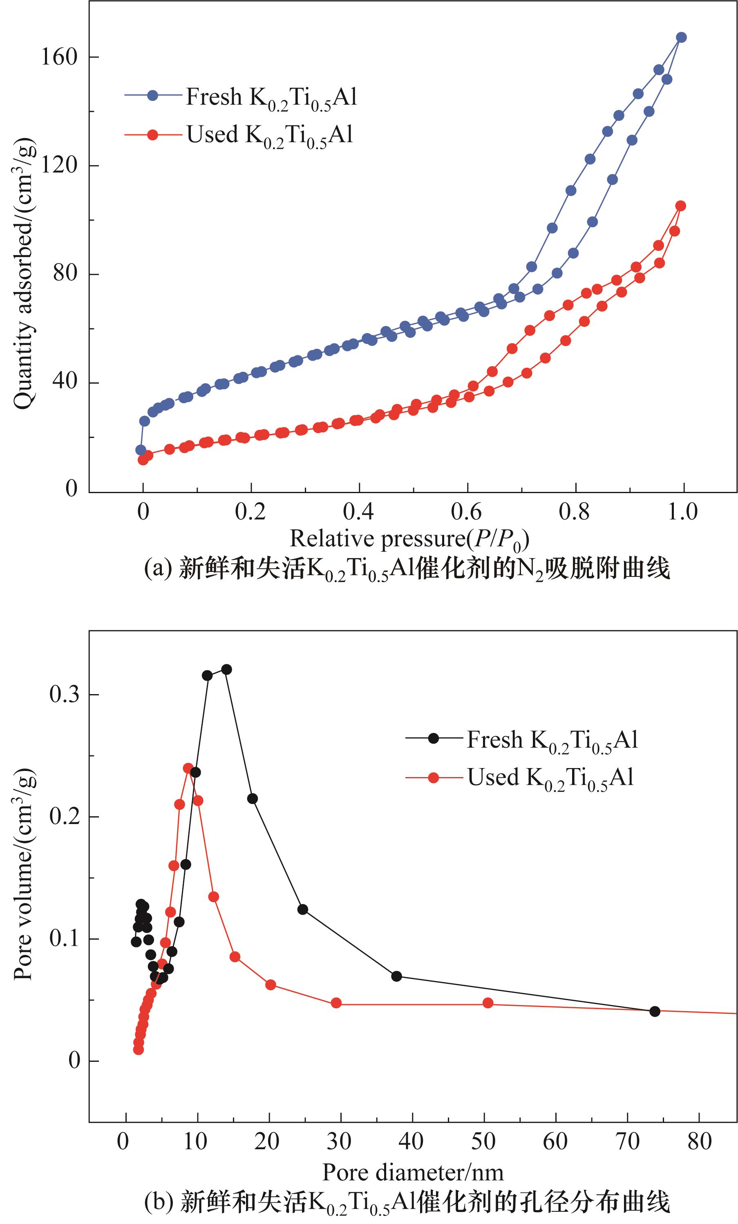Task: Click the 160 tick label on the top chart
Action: pos(59,58)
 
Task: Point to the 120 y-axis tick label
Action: pos(59,165)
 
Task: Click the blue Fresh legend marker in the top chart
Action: pos(152,96)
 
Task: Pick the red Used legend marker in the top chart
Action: pos(152,135)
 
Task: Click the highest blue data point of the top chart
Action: pos(681,37)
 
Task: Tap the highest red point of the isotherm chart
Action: pos(680,205)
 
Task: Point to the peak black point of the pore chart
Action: pos(226,669)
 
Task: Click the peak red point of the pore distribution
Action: pos(188,768)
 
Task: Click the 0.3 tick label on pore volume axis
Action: pos(65,695)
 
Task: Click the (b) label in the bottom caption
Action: pos(158,1208)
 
